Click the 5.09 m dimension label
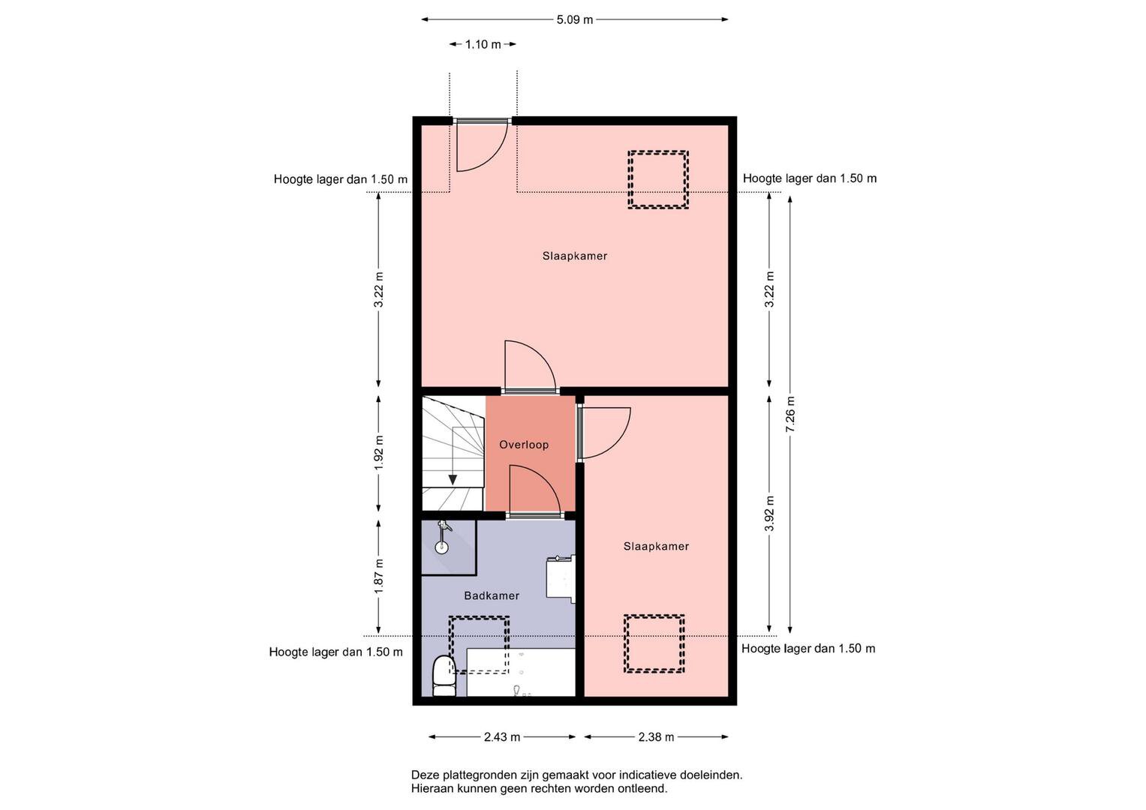[575, 20]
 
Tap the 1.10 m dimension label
[483, 44]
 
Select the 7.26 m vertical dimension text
[790, 414]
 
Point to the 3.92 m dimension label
[769, 514]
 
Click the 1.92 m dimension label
[378, 453]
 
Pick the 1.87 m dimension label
[378, 576]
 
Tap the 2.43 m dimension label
[502, 736]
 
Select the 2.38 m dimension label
[656, 736]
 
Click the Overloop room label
[524, 445]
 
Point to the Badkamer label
[492, 595]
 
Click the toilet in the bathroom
[444, 676]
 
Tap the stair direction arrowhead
[453, 480]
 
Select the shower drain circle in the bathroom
[441, 547]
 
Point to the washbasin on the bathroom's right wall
[561, 579]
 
